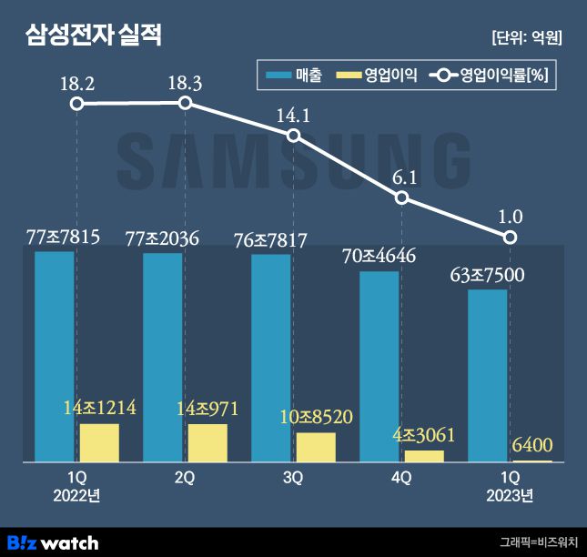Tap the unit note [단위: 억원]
click(x=526, y=38)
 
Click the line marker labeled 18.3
click(x=185, y=103)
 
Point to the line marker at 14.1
click(x=293, y=136)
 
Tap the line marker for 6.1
click(x=402, y=197)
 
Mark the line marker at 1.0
click(x=511, y=238)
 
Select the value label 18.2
click(x=76, y=84)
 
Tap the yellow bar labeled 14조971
click(x=207, y=442)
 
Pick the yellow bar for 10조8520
click(x=316, y=447)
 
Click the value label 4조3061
click(x=423, y=434)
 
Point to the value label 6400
click(x=532, y=446)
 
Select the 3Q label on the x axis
click(x=293, y=477)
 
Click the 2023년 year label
click(x=510, y=495)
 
